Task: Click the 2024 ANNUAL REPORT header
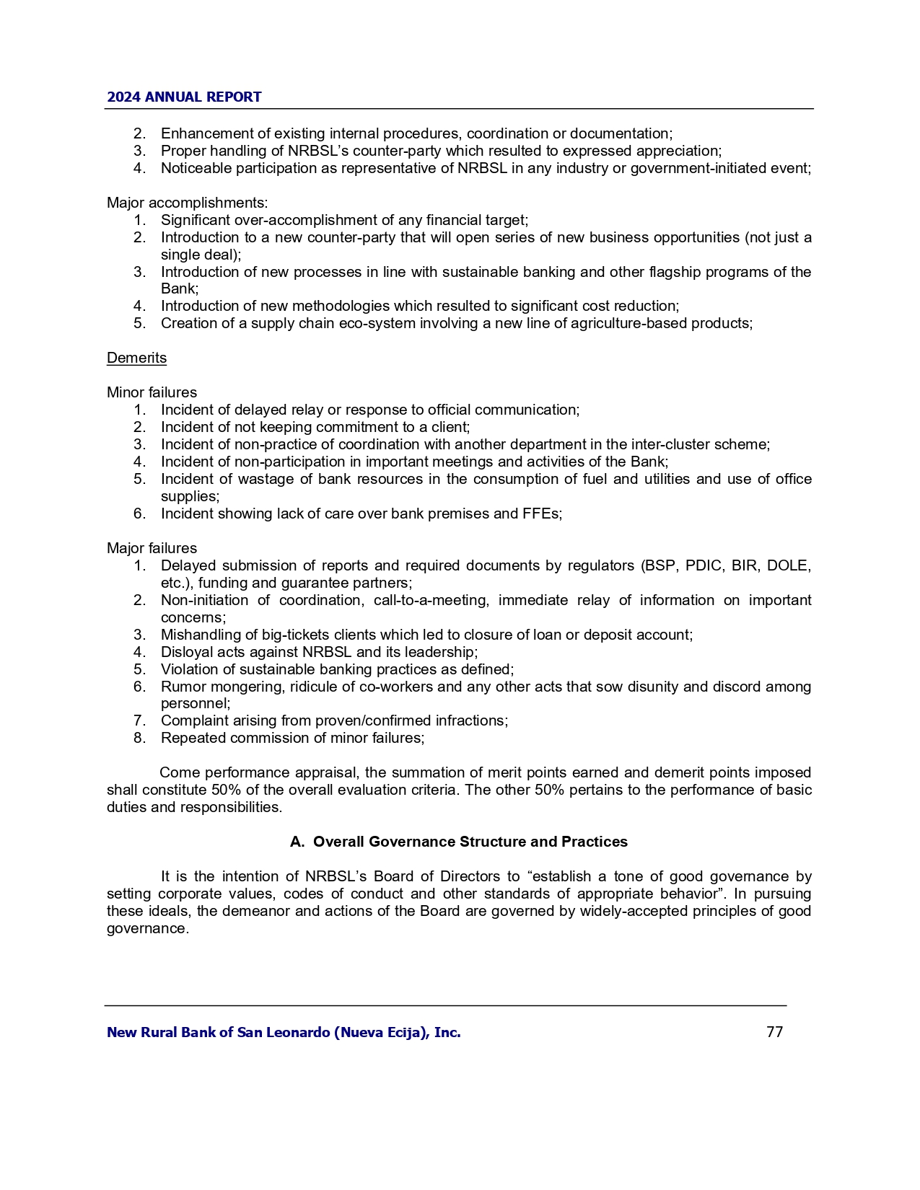[184, 97]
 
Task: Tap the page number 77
[774, 1032]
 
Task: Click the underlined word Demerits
[136, 358]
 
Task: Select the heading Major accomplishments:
[188, 203]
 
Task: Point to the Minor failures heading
[152, 392]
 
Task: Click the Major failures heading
[152, 548]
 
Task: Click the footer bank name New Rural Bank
[284, 1032]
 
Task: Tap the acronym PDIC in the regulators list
[704, 565]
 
